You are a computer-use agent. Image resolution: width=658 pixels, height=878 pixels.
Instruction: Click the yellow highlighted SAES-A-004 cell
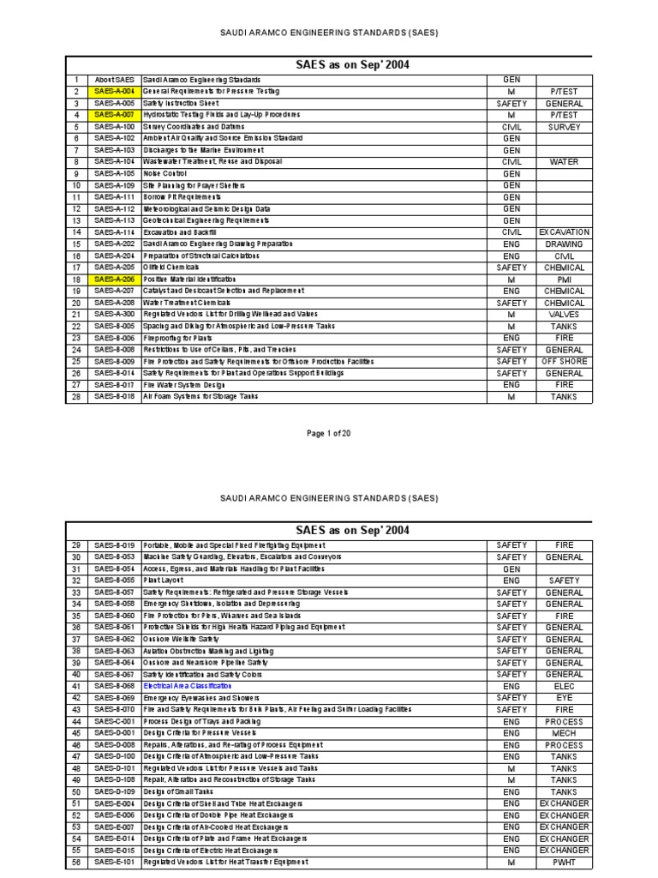point(114,91)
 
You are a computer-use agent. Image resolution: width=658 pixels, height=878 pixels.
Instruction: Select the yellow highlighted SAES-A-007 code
point(114,115)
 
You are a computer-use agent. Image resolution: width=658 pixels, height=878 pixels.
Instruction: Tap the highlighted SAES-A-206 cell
point(114,280)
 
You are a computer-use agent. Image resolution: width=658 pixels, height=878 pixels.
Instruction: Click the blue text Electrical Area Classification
point(188,687)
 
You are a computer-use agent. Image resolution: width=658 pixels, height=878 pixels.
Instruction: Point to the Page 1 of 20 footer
point(329,434)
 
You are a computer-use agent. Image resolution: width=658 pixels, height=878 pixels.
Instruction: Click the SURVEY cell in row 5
point(564,127)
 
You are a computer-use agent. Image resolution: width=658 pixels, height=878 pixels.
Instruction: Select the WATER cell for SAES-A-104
point(564,162)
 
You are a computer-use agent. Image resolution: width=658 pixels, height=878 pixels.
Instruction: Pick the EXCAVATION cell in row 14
point(564,232)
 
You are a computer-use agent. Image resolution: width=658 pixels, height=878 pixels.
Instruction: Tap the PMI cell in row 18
point(564,280)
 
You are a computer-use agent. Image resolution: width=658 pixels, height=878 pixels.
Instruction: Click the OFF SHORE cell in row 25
point(564,362)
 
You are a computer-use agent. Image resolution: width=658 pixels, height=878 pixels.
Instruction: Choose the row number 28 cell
point(76,397)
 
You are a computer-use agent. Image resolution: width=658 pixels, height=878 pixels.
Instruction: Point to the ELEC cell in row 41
point(564,687)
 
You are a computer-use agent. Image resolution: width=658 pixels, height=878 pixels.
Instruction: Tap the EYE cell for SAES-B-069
point(564,698)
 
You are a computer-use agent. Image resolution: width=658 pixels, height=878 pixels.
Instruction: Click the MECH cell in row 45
point(564,734)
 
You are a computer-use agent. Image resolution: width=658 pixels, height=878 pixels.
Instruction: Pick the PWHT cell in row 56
point(564,863)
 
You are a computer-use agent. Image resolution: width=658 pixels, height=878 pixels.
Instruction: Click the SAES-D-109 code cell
point(114,792)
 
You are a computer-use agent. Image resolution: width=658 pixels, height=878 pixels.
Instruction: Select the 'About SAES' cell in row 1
point(114,80)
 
